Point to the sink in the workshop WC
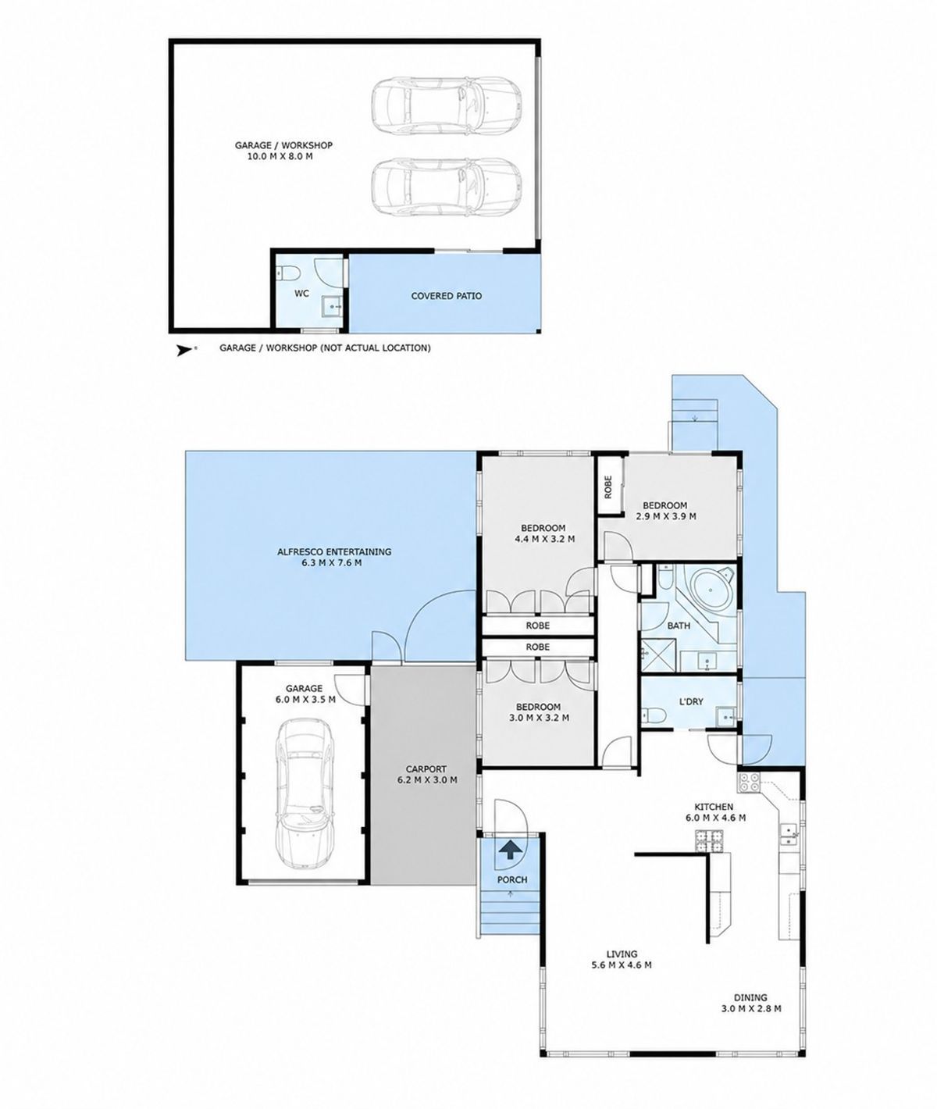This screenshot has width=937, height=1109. [333, 306]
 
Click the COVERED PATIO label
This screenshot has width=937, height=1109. [446, 296]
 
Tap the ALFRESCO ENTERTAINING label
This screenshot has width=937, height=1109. [334, 552]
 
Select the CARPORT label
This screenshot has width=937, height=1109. [426, 768]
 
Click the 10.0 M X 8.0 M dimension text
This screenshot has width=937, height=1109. [280, 157]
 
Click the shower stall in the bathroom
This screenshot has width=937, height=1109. [658, 657]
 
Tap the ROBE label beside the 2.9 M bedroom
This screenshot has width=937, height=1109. [608, 487]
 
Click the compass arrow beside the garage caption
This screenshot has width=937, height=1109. [184, 351]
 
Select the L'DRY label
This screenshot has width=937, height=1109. [691, 701]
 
